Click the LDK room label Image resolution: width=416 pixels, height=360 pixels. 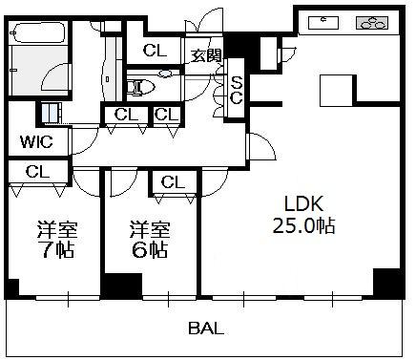(303, 204)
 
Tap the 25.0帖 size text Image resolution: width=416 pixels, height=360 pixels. (303, 226)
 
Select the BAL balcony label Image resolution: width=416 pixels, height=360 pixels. (206, 328)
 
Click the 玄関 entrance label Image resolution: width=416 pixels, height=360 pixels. (206, 56)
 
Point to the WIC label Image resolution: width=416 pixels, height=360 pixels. (36, 141)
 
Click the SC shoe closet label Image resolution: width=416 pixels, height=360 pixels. (237, 91)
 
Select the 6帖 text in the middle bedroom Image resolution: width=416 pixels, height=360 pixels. (150, 250)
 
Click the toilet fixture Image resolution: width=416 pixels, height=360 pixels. (140, 87)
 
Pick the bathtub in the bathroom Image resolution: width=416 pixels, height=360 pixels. (38, 32)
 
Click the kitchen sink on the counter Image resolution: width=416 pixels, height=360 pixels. (323, 22)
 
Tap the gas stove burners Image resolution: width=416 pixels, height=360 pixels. (371, 23)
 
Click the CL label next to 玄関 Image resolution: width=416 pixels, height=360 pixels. (155, 50)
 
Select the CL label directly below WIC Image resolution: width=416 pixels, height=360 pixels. (37, 172)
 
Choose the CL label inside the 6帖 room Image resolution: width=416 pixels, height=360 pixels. (173, 182)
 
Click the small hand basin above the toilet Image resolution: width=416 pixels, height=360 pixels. (165, 74)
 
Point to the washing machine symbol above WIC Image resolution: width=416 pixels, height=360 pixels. (50, 114)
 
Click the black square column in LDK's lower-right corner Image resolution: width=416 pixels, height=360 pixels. (386, 283)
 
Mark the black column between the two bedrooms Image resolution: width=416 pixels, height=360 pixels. (122, 286)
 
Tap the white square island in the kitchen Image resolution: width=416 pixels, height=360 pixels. (336, 91)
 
